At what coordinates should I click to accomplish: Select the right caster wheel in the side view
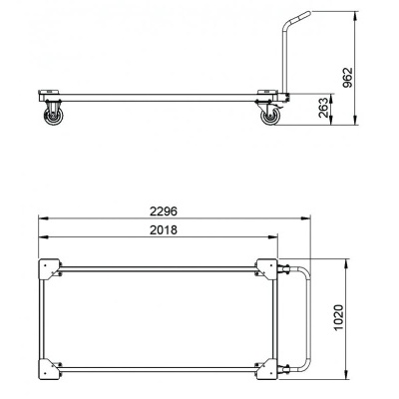(x=270, y=118)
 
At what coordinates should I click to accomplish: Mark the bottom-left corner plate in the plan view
(x=47, y=368)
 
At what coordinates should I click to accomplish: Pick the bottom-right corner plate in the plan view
(x=267, y=368)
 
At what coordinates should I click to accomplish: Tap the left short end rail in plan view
(x=42, y=318)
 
